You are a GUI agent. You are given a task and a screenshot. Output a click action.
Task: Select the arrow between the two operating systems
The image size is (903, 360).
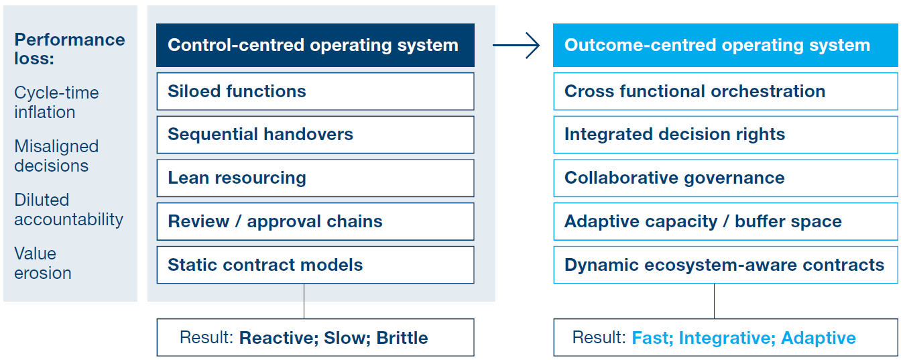pos(516,46)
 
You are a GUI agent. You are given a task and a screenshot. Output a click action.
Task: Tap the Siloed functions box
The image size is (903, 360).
pos(315,91)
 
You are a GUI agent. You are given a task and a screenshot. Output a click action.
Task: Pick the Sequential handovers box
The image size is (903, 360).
pos(315,134)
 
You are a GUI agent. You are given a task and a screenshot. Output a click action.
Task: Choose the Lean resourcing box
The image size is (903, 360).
pos(315,178)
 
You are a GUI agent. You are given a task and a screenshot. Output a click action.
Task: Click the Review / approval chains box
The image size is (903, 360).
pos(315,221)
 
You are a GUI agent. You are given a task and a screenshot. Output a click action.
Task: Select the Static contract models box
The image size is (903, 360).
pos(315,265)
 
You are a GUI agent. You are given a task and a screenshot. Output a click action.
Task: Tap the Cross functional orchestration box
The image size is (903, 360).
pos(725,91)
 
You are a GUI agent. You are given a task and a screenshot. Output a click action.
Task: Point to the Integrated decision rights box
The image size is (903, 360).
pos(725,134)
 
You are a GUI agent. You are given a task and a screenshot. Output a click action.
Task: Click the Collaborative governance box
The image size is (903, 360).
pos(725,178)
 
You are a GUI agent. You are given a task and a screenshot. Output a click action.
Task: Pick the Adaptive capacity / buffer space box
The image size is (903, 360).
pos(725,221)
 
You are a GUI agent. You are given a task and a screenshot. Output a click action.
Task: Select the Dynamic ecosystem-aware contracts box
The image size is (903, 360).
pos(725,265)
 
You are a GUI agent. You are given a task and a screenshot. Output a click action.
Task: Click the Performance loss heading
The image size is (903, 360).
pos(69,49)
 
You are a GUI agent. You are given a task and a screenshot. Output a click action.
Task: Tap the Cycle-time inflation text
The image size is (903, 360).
pos(56,103)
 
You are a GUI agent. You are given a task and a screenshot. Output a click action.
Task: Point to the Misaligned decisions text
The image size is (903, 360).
pos(56,156)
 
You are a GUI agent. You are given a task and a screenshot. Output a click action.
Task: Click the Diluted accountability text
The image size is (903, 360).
pos(68,209)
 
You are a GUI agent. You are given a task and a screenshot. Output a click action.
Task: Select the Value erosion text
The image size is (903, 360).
pos(43,263)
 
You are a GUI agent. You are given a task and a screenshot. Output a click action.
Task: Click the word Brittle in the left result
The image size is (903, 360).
pos(402,337)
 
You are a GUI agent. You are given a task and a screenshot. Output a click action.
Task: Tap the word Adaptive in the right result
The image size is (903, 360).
pos(819,337)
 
